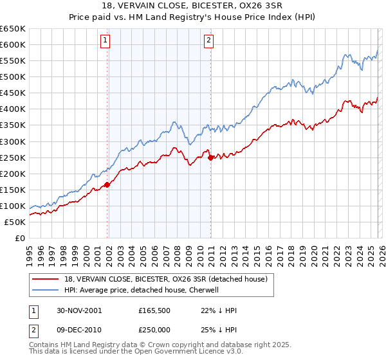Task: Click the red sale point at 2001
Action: click(x=107, y=184)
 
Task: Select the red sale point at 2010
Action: click(x=210, y=157)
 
